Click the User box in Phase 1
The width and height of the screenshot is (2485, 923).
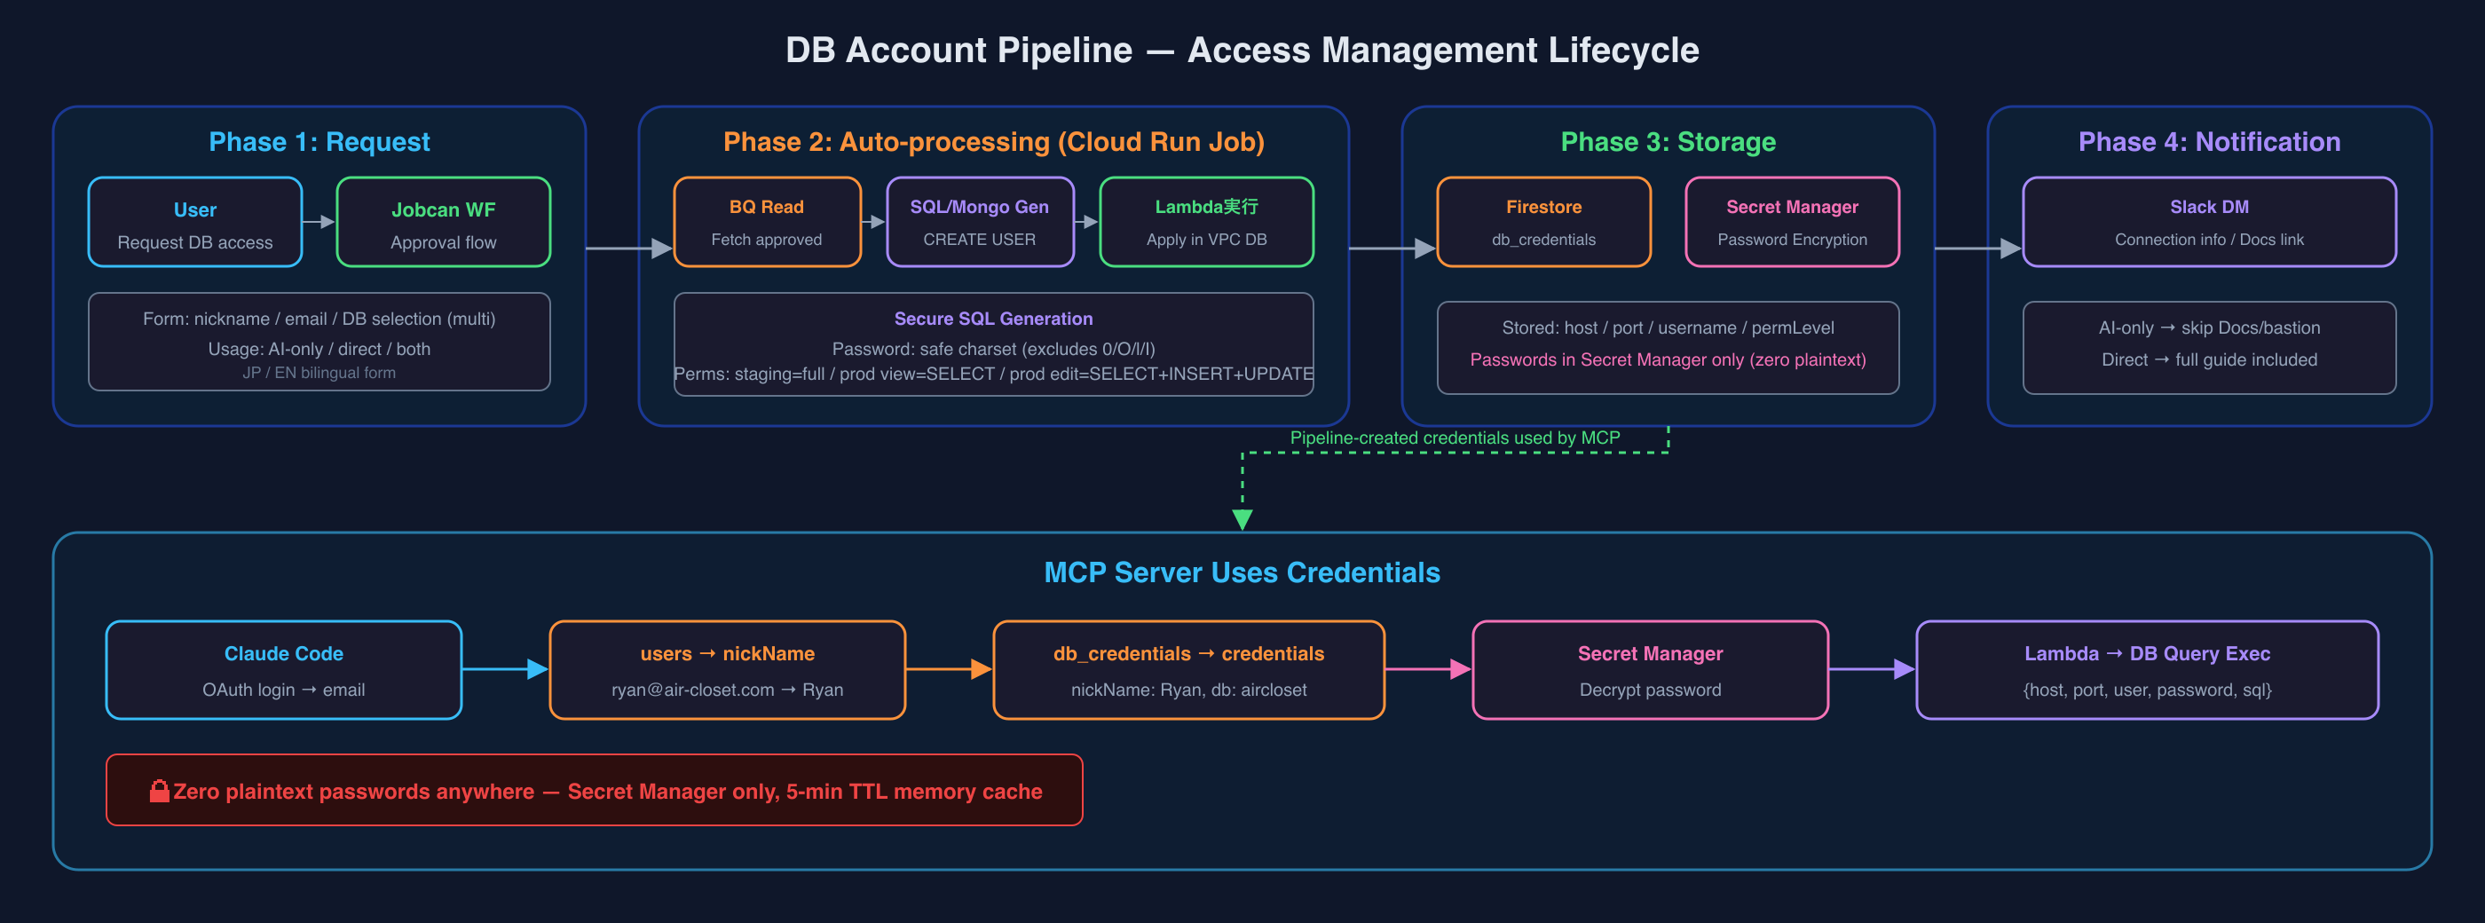(195, 222)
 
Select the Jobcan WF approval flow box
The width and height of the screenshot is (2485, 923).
(443, 222)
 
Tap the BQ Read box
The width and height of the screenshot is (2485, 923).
(767, 222)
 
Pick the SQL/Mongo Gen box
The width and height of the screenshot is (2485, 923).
(979, 222)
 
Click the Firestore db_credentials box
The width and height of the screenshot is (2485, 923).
(1543, 222)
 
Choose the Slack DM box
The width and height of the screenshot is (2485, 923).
(2209, 222)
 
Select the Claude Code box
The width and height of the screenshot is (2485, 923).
(284, 669)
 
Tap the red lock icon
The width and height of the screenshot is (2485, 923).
(159, 791)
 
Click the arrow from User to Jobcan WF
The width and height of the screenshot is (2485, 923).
(319, 222)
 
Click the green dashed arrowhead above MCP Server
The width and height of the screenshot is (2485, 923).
(1242, 520)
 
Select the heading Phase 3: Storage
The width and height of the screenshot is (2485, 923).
(1668, 142)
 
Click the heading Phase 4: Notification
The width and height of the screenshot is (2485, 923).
(2209, 142)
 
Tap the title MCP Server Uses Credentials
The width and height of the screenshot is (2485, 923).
(1242, 573)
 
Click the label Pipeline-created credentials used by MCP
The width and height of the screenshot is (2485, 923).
(1455, 438)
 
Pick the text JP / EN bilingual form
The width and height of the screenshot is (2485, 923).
(319, 372)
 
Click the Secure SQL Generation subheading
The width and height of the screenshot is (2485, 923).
(994, 319)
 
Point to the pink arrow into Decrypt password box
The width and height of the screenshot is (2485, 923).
(1429, 669)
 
